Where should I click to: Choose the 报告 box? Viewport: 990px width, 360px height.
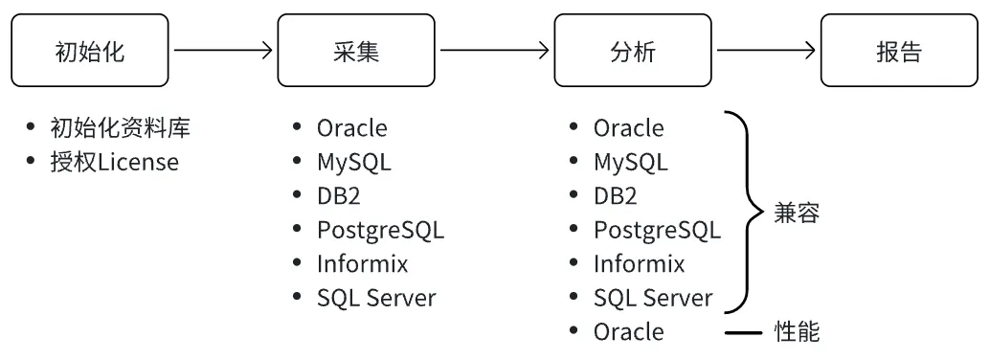pos(899,52)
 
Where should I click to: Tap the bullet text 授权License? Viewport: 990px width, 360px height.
pos(114,162)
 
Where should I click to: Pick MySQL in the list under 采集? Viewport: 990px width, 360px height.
pos(353,162)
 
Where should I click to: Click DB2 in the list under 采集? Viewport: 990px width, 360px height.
pos(343,196)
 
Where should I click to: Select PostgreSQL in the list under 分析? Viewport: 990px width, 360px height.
pos(657,230)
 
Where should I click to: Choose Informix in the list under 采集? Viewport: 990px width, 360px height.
pos(363,263)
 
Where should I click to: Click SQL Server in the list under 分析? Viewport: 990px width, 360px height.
pos(653,298)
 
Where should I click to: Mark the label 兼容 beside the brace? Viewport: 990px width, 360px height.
pos(797,213)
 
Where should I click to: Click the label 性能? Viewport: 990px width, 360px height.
pos(797,332)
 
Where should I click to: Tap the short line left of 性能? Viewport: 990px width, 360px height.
pos(745,332)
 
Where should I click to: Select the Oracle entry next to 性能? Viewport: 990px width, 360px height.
pos(628,331)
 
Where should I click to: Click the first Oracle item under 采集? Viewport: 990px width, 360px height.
pos(352,127)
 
